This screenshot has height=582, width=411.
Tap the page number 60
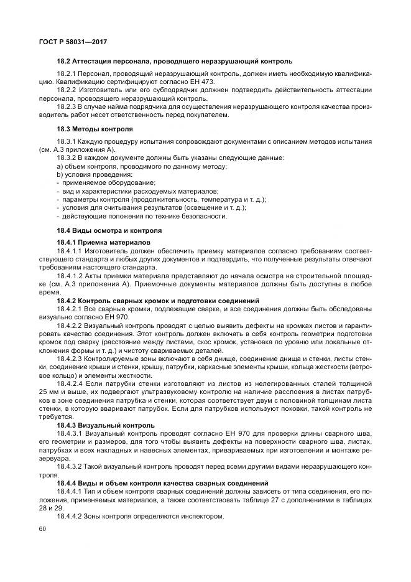43,528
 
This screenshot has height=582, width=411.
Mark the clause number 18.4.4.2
70,516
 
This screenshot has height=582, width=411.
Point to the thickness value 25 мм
49,395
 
